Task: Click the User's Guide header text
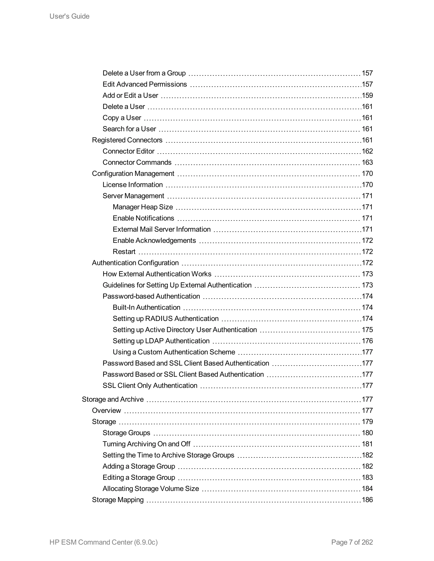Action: coord(70,16)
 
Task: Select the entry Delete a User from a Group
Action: coord(144,73)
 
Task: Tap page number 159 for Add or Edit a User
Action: coord(367,95)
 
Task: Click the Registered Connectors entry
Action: coord(127,140)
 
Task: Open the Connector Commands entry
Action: coord(137,162)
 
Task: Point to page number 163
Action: coord(367,162)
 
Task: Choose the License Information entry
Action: coord(132,185)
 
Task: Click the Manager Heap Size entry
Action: coord(143,207)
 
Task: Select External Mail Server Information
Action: coord(161,229)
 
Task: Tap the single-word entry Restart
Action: coord(124,252)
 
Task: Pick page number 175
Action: coord(367,330)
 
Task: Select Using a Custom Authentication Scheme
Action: coord(174,352)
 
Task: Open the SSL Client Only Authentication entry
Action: coord(150,386)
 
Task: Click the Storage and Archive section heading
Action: coord(113,399)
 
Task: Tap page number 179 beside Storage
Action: coord(367,422)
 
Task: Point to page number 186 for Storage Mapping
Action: coord(367,500)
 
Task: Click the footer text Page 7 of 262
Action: coord(352,542)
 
